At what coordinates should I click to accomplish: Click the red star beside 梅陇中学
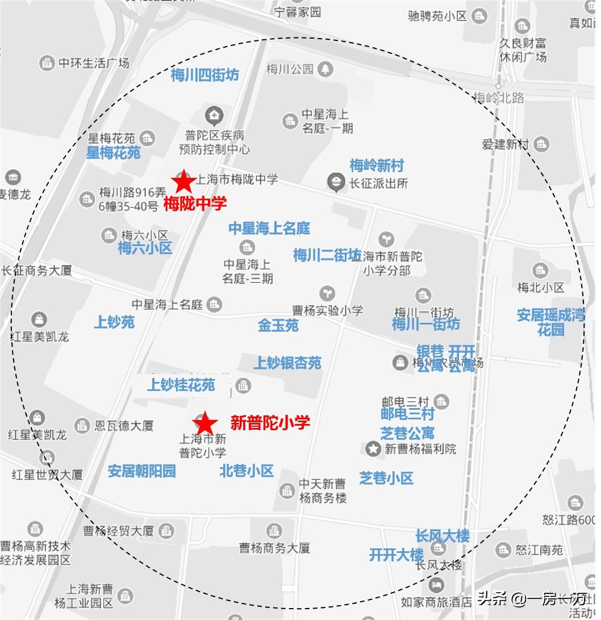click(183, 182)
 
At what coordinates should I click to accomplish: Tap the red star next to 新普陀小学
click(204, 423)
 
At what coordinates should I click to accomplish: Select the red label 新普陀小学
click(270, 423)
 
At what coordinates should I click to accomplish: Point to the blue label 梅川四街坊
click(205, 75)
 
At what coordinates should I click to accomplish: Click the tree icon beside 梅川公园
click(325, 69)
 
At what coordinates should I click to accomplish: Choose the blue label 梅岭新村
click(377, 166)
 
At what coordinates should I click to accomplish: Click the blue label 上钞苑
click(114, 322)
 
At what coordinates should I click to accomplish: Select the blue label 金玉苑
click(278, 326)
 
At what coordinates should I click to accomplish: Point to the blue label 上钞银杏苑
click(287, 363)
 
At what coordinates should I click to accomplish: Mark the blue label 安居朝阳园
click(142, 471)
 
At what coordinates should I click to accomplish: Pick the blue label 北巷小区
click(247, 471)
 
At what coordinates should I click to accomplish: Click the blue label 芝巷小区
click(386, 478)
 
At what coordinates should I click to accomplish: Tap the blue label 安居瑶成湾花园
click(550, 322)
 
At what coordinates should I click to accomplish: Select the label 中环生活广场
click(94, 63)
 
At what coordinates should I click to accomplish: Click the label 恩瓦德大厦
click(124, 425)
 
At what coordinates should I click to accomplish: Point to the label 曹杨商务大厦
click(274, 548)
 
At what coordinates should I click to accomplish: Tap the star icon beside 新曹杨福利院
click(373, 449)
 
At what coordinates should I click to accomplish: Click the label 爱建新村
click(506, 144)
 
